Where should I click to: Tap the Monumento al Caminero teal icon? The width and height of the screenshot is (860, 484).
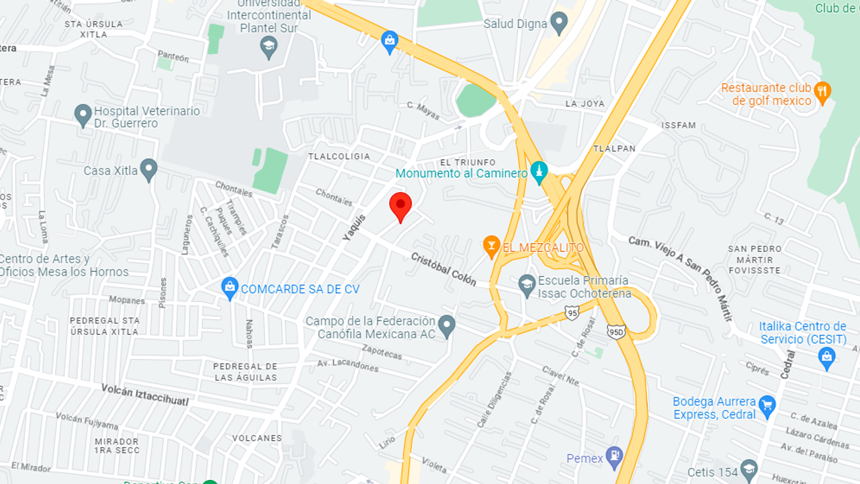click(x=539, y=172)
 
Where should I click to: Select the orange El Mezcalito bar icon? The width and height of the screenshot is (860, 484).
click(x=491, y=247)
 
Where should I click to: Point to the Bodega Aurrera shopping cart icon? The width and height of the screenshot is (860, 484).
click(x=767, y=405)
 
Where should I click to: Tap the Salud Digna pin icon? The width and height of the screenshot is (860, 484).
click(x=558, y=24)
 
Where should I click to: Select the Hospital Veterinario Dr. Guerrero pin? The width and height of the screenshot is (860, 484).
click(x=83, y=115)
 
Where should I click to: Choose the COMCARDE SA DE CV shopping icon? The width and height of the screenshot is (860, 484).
click(x=230, y=288)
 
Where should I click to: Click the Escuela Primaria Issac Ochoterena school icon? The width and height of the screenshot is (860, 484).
click(x=527, y=286)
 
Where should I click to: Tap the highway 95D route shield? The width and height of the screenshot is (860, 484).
click(x=616, y=331)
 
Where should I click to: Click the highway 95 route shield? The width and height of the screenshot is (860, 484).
click(x=572, y=313)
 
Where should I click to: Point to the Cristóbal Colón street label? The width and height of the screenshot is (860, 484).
click(x=443, y=269)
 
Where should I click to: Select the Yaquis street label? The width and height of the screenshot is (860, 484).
click(x=354, y=227)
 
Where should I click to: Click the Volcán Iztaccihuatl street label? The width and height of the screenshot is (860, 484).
click(x=144, y=395)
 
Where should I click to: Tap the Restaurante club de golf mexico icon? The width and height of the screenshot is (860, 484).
click(x=821, y=91)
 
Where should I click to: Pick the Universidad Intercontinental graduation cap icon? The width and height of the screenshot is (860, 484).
click(x=269, y=46)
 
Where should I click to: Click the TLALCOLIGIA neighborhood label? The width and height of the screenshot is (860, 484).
click(x=339, y=156)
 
